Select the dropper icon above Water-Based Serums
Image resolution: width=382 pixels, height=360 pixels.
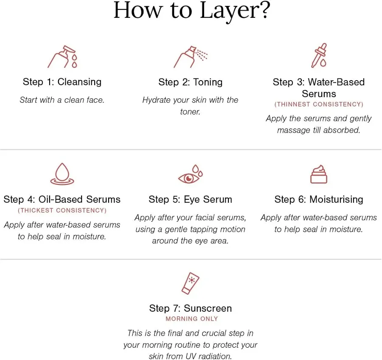click(x=319, y=56)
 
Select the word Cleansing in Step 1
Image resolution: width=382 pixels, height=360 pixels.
click(x=79, y=82)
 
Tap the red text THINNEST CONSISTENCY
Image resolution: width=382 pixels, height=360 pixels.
click(x=319, y=104)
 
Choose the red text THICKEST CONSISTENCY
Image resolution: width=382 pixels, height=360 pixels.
click(x=62, y=210)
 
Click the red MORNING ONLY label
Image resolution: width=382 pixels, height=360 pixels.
click(x=192, y=318)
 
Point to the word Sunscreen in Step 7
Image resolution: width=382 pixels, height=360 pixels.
click(x=208, y=308)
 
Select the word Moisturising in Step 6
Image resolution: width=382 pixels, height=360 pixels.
click(x=336, y=200)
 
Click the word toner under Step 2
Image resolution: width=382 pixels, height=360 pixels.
click(x=190, y=112)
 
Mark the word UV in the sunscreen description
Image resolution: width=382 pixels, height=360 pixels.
click(x=191, y=356)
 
